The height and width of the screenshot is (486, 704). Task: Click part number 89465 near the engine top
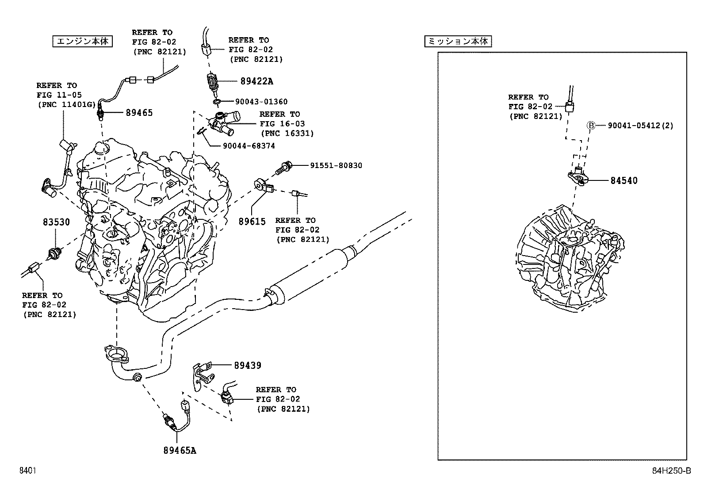[x=139, y=113]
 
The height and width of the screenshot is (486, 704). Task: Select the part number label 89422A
[x=256, y=81]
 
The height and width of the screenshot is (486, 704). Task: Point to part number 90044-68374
[x=249, y=146]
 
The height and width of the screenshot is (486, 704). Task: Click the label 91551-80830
[x=336, y=165]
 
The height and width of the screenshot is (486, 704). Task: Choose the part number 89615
[x=252, y=222]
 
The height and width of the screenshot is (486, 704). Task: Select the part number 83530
[x=56, y=222]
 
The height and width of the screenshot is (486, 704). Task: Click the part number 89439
[x=247, y=365]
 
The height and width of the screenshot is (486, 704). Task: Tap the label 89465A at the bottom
[x=180, y=450]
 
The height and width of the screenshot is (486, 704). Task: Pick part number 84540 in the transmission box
[x=624, y=180]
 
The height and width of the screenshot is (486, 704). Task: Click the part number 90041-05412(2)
[x=640, y=126]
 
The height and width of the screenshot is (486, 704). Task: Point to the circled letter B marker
[x=590, y=126]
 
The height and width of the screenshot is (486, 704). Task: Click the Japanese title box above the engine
[x=82, y=42]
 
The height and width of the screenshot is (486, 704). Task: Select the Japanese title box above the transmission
[x=458, y=42]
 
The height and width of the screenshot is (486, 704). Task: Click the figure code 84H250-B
[x=671, y=471]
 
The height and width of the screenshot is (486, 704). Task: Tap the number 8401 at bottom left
[x=27, y=471]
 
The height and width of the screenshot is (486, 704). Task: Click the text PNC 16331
[x=287, y=134]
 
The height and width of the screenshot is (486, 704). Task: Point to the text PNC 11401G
[x=66, y=105]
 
